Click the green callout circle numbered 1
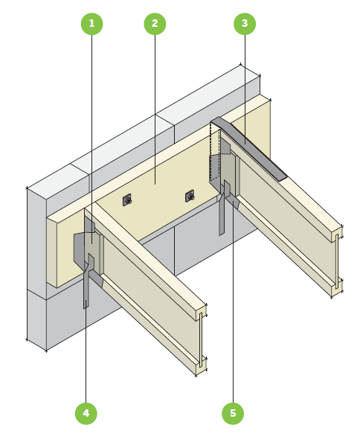click(x=91, y=24)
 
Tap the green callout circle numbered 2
click(x=155, y=24)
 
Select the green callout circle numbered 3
click(x=245, y=24)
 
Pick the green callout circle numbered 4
click(x=86, y=413)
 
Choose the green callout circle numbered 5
click(x=233, y=413)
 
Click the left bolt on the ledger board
click(x=128, y=200)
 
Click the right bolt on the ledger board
click(x=190, y=196)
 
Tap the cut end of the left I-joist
click(x=201, y=339)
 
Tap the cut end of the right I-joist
click(x=337, y=261)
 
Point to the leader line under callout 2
click(x=155, y=109)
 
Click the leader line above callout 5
click(x=233, y=301)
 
